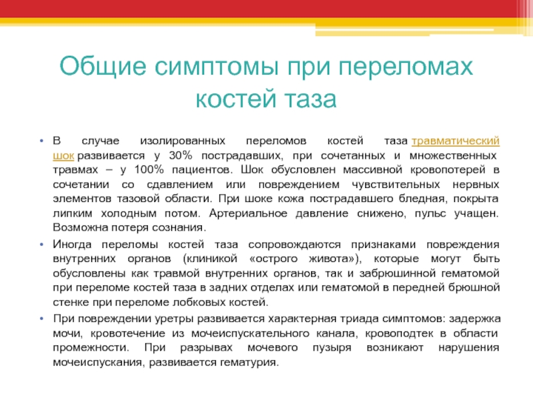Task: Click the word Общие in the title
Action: [x=103, y=66]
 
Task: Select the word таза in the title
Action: [x=310, y=98]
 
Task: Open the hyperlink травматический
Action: [x=456, y=141]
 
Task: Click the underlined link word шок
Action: [x=63, y=156]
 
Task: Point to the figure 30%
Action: [x=181, y=155]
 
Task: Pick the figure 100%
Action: [x=149, y=169]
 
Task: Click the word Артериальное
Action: [x=248, y=213]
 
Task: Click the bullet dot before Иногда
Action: [x=41, y=245]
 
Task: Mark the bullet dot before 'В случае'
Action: [x=41, y=141]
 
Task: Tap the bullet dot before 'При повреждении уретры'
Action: [x=41, y=319]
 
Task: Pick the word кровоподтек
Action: [x=399, y=333]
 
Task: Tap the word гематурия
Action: [x=249, y=362]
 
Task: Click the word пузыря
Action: [x=332, y=348]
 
